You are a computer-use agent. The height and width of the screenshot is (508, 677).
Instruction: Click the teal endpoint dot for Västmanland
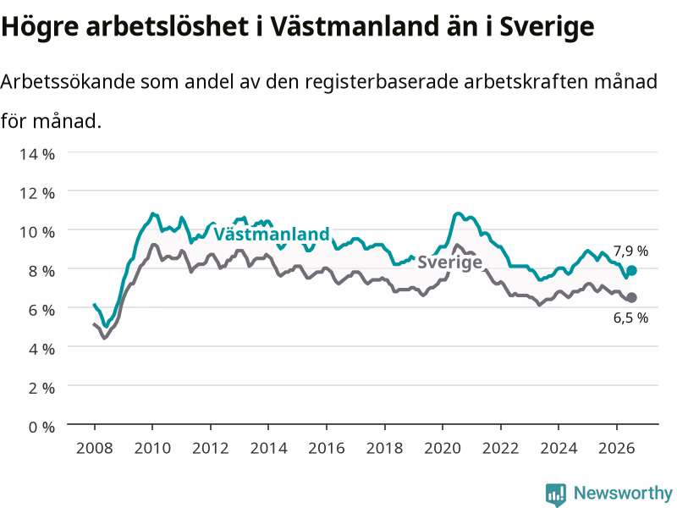[x=631, y=270]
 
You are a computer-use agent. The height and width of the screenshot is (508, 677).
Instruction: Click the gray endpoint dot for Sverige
[x=631, y=297]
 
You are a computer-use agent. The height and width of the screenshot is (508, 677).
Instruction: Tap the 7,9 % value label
[x=630, y=251]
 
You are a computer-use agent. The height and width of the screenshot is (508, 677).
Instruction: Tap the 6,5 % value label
[x=630, y=318]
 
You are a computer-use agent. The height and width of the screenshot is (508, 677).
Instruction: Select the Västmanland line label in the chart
[x=272, y=235]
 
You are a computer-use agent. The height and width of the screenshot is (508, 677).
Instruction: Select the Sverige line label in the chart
[x=449, y=262]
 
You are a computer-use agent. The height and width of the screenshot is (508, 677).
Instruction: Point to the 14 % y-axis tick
[x=37, y=154]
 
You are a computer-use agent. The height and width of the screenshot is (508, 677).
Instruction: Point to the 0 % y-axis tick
[x=41, y=428]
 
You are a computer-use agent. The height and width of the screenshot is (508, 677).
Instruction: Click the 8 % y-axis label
[x=41, y=271]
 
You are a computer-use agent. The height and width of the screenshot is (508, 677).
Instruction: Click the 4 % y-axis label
[x=41, y=349]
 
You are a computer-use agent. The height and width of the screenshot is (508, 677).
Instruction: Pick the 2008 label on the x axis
[x=94, y=448]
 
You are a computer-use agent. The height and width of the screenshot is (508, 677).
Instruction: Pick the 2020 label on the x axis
[x=442, y=448]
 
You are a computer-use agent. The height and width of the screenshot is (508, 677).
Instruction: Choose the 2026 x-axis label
[x=616, y=448]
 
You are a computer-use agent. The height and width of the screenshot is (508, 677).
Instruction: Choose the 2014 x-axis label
[x=268, y=448]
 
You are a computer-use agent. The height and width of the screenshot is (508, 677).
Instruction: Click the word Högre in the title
[x=40, y=27]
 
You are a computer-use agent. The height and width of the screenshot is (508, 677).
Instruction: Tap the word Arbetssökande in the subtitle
[x=68, y=81]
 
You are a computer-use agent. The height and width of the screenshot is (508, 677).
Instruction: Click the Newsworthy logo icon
[x=556, y=494]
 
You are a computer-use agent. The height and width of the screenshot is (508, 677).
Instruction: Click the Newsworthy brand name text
[x=623, y=493]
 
